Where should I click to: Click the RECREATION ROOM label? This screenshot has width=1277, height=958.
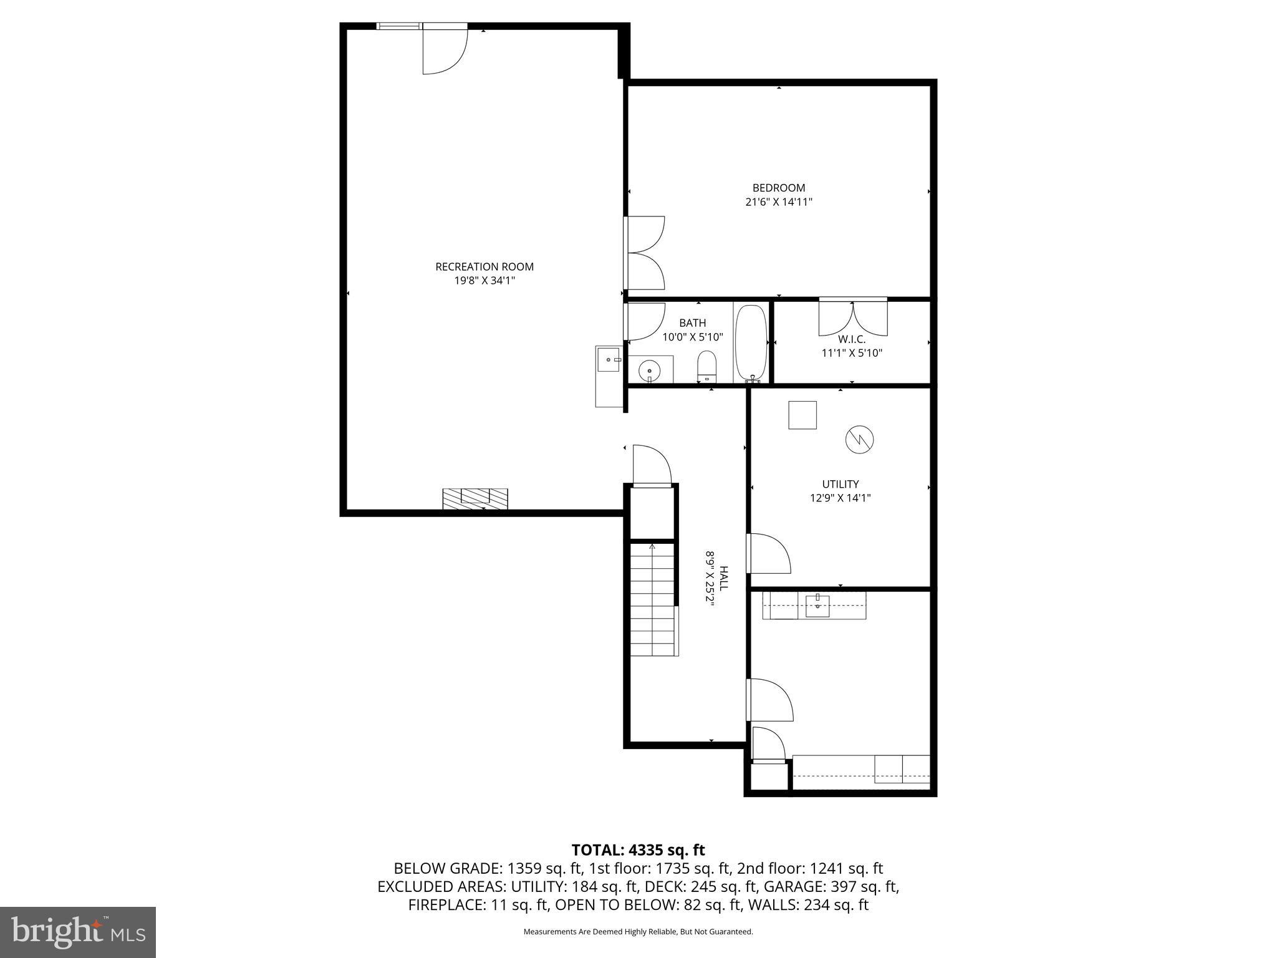[x=484, y=267]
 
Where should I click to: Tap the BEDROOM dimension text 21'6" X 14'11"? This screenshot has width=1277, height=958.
[x=779, y=202]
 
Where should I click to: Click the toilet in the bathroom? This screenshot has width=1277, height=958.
[x=706, y=366]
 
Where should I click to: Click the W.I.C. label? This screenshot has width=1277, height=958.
[x=852, y=339]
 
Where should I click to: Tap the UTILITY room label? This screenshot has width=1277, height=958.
[x=840, y=484]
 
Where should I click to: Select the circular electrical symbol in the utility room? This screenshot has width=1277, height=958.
[x=859, y=440]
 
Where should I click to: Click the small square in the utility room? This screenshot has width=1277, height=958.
[x=802, y=415]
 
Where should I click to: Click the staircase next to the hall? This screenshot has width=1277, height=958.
[x=653, y=599]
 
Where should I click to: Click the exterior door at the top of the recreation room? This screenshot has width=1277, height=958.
[x=444, y=50]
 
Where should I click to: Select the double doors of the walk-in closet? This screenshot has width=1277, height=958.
[x=852, y=317]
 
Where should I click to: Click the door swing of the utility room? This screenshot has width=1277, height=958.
[x=770, y=554]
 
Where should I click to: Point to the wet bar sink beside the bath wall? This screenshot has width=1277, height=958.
[x=609, y=360]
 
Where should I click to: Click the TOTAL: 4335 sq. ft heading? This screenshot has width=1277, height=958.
[x=638, y=849]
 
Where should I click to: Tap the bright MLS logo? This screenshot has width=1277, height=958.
[x=78, y=932]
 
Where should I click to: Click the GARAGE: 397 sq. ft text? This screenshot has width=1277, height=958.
[x=832, y=886]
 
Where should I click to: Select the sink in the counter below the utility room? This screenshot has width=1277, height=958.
[x=817, y=605]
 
